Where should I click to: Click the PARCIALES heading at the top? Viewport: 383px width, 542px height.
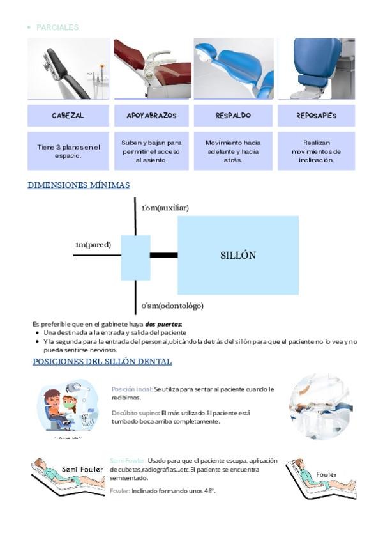pos(57,27)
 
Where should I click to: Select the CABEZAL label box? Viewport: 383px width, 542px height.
pos(68,116)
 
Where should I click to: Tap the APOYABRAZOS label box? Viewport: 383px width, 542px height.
pos(151,116)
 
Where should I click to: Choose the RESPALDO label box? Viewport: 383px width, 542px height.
pos(233,116)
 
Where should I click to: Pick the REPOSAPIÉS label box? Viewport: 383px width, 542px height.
pos(316,116)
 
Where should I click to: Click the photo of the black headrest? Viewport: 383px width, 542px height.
pos(68,69)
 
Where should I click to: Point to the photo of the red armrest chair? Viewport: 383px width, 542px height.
pos(152,69)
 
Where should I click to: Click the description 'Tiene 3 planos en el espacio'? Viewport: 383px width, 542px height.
pos(68,151)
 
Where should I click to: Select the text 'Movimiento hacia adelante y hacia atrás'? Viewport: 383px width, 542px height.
pos(233,151)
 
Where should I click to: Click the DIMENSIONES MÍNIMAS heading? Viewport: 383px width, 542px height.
pos(79,185)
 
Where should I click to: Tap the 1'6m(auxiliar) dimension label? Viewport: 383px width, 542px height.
pos(165,208)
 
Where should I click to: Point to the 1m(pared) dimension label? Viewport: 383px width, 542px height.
pos(93,244)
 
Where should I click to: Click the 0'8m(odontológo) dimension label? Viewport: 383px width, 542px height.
pos(172,306)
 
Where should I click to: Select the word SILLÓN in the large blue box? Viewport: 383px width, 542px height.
pos(238,255)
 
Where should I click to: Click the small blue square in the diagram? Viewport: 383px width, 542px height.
pos(135,258)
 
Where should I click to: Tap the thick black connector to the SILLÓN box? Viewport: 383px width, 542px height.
pos(163,255)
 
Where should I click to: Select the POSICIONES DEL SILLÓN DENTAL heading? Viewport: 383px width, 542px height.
pos(102,362)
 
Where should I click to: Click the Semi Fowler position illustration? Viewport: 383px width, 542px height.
pos(68,473)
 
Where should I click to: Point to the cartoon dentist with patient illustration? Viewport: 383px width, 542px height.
pos(67,407)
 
